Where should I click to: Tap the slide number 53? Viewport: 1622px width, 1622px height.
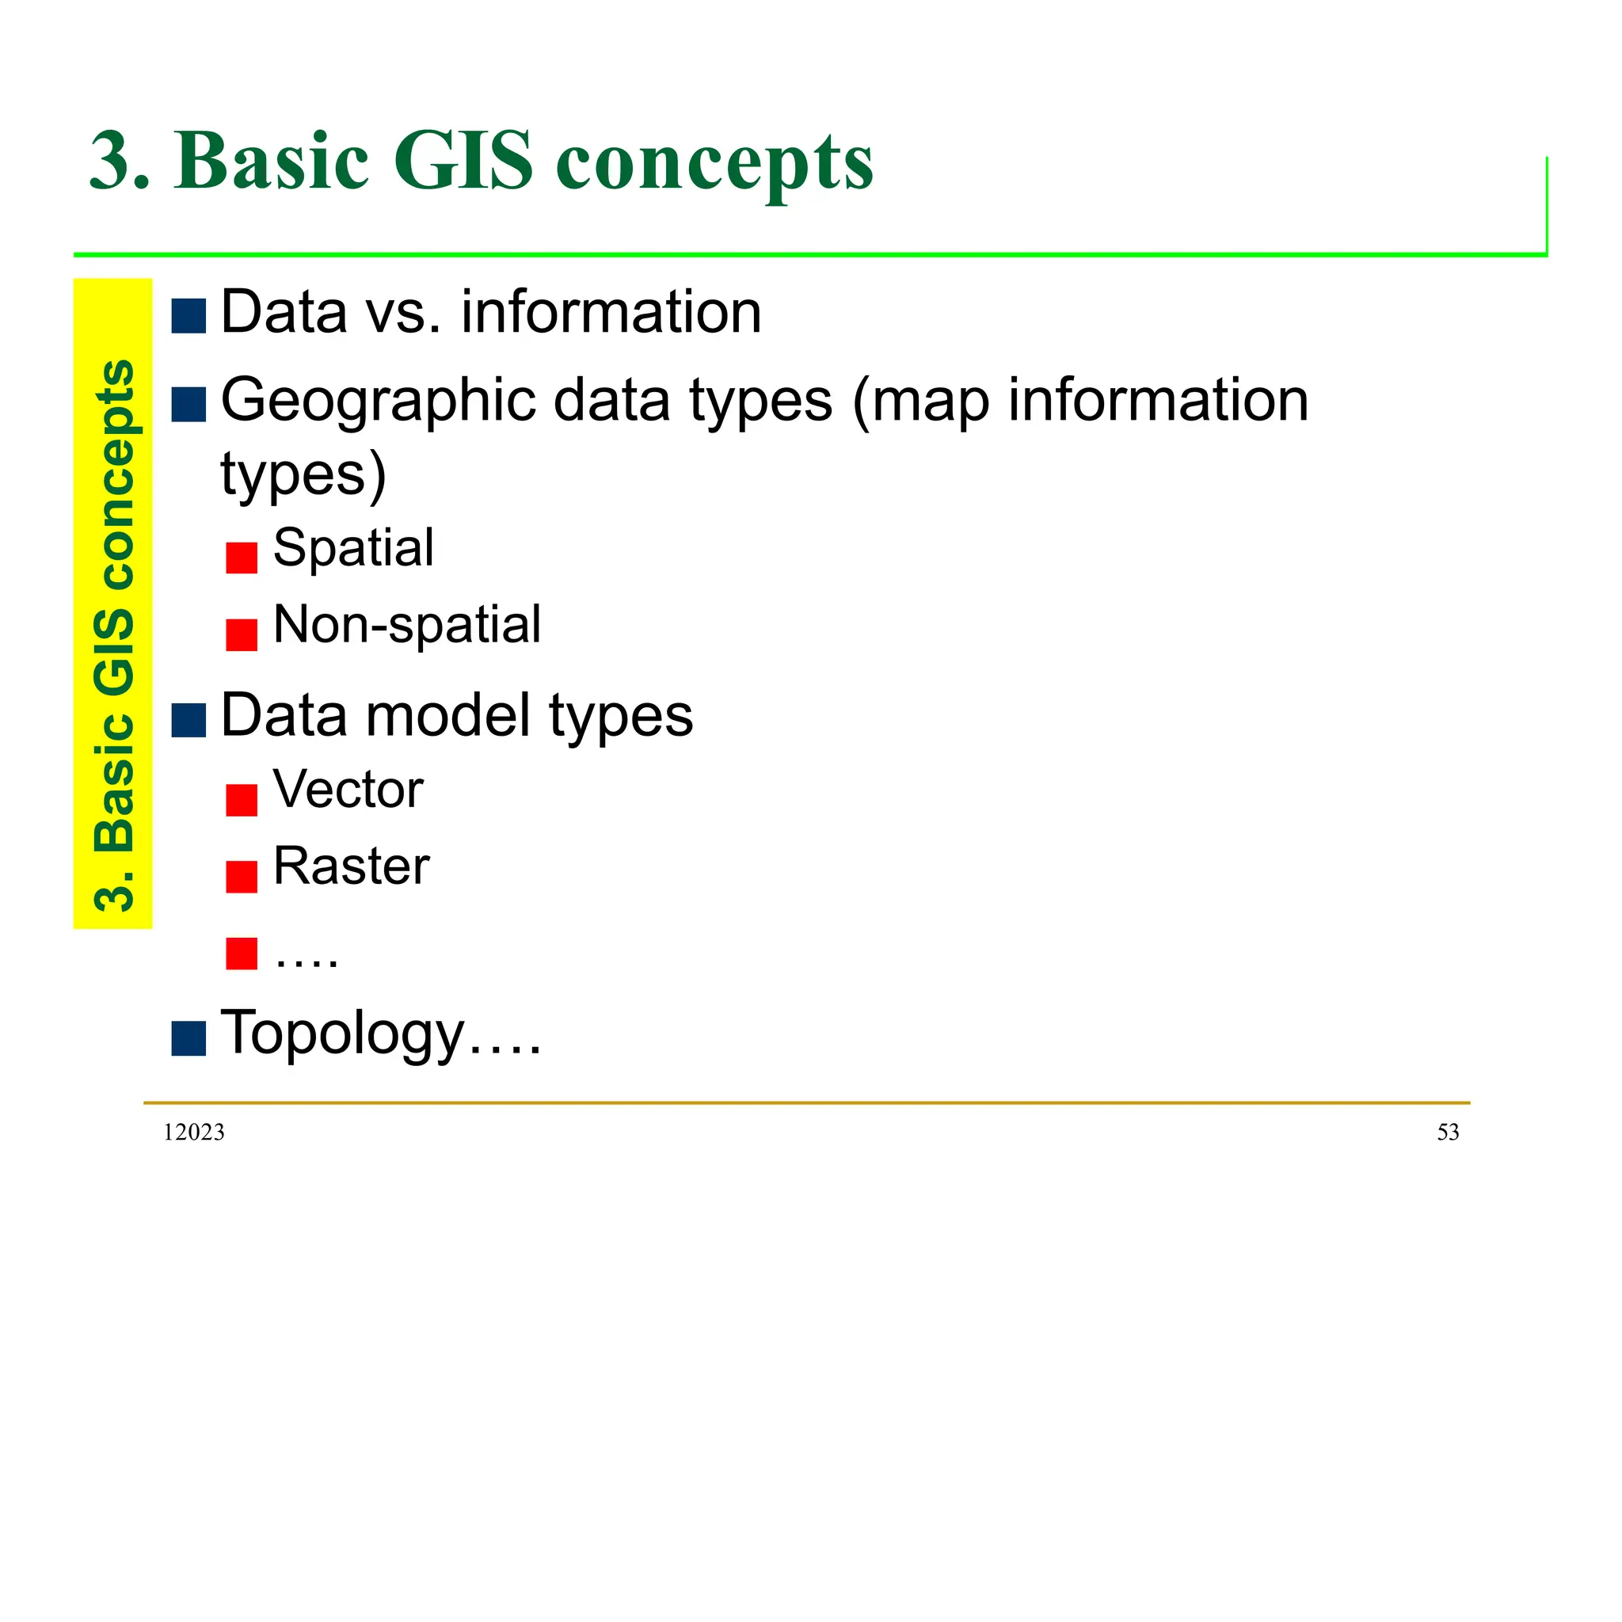click(1448, 1133)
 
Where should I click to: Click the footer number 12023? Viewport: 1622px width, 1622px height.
click(194, 1133)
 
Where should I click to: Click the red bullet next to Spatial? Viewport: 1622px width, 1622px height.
click(241, 558)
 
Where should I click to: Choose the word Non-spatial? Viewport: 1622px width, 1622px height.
click(407, 625)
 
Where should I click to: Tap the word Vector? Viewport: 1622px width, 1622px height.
click(348, 789)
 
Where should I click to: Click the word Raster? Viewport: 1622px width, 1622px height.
click(351, 866)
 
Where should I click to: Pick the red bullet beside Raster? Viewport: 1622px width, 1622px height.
click(241, 877)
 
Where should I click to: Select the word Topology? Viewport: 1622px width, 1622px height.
click(341, 1032)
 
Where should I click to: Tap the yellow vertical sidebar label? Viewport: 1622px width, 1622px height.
click(113, 603)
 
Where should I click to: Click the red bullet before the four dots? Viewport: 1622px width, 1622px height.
click(241, 953)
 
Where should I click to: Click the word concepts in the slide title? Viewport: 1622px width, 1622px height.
click(714, 162)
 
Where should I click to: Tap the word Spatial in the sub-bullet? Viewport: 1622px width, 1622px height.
click(353, 548)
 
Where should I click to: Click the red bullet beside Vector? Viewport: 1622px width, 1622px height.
click(241, 799)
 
